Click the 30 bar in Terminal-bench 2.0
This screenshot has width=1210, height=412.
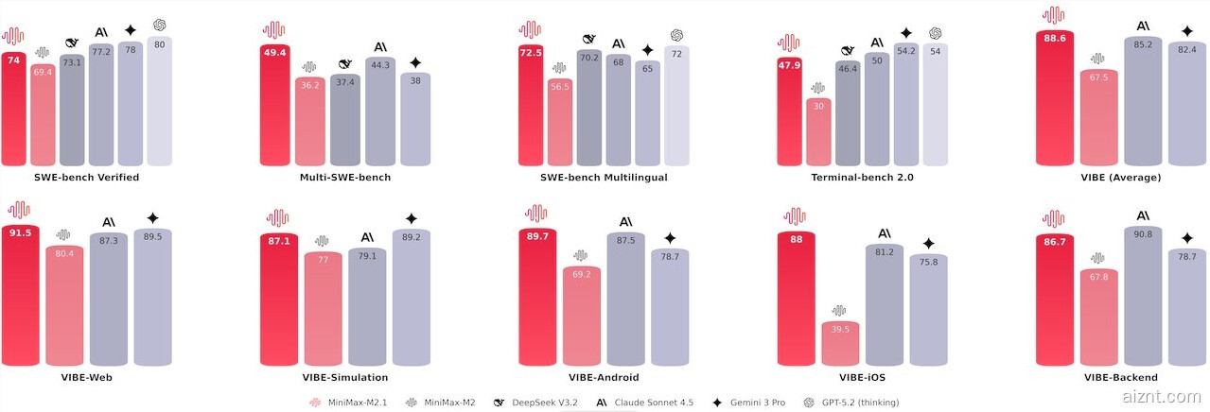tap(819, 132)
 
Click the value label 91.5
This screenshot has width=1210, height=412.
tap(19, 233)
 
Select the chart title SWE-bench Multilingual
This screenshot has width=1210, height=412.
tap(604, 178)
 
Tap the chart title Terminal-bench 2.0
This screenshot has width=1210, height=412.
tap(862, 178)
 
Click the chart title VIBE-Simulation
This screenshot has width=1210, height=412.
tap(344, 378)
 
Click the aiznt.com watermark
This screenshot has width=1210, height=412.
tap(1165, 397)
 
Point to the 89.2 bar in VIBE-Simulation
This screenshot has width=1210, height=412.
tap(411, 298)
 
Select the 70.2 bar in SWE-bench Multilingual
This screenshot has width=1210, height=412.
tap(589, 109)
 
